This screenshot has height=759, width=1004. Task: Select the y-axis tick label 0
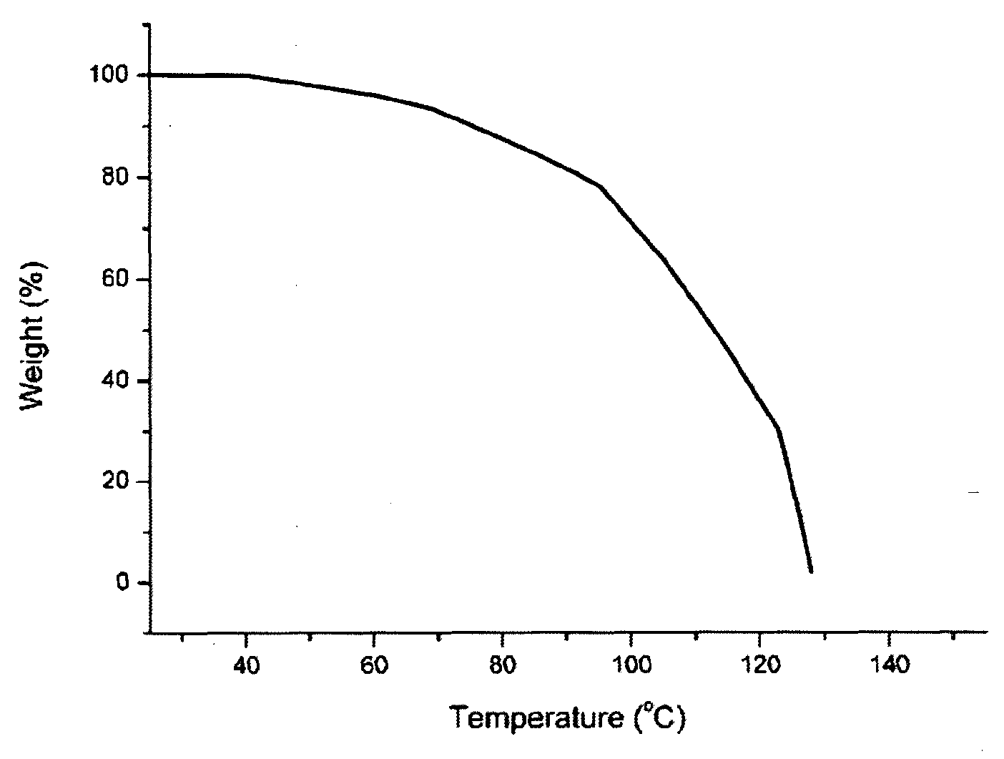[122, 582]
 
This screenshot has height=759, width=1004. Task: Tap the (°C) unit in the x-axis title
[659, 718]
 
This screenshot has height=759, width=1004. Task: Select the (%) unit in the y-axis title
[33, 284]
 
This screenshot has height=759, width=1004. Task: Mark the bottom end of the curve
[811, 571]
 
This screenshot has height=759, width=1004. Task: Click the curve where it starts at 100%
[151, 74]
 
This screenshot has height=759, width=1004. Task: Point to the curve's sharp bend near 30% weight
[778, 429]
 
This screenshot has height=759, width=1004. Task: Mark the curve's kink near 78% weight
[600, 186]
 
